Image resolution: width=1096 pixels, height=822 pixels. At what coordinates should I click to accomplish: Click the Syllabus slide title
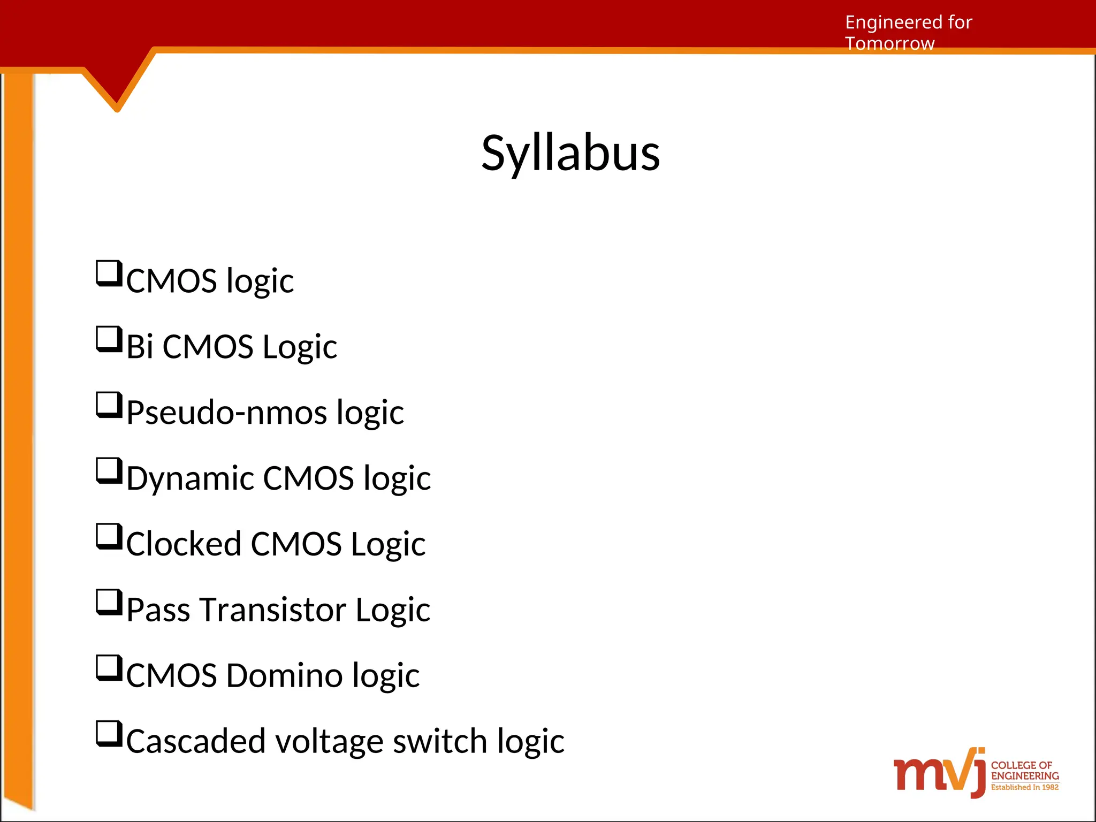click(570, 154)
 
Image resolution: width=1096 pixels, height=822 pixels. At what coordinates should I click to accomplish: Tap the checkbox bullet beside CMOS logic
click(109, 273)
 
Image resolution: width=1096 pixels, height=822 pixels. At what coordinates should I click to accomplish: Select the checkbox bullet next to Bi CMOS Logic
click(109, 339)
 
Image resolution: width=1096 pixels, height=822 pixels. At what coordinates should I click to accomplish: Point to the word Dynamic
click(190, 478)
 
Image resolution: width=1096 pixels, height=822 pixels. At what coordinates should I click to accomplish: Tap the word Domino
click(283, 675)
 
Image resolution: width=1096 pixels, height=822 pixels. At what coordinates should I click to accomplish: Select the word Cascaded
click(195, 741)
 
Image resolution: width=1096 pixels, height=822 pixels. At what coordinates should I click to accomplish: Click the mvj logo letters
click(939, 774)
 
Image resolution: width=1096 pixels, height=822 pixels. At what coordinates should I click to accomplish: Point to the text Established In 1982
click(1024, 787)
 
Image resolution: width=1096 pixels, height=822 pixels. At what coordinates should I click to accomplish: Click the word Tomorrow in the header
click(889, 44)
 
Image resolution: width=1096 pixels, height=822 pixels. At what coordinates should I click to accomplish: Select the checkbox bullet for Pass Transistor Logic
click(109, 602)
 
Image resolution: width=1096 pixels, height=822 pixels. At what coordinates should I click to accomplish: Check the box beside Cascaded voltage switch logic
click(109, 734)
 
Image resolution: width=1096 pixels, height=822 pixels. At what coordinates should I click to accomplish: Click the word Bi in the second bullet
click(140, 347)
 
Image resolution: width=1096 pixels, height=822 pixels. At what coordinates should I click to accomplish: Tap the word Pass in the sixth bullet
click(158, 610)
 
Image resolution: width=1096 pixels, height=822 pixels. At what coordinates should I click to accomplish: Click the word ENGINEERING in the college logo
click(1025, 776)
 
